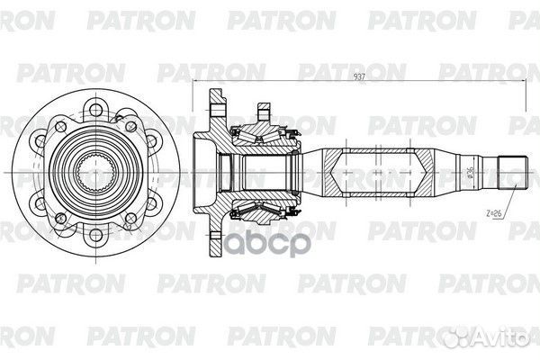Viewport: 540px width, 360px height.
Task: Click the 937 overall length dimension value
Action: click(359, 76)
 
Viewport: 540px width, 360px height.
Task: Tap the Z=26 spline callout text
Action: click(494, 213)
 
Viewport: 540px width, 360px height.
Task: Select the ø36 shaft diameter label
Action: click(471, 172)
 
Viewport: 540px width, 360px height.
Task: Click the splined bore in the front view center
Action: click(95, 172)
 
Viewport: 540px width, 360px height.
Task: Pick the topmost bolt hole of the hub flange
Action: click(95, 110)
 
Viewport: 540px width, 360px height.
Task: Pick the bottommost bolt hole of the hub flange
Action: click(95, 235)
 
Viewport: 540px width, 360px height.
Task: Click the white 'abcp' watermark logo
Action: click(267, 244)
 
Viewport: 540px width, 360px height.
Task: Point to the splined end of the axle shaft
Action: click(513, 172)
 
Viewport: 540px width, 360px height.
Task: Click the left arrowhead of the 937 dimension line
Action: click(195, 81)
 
